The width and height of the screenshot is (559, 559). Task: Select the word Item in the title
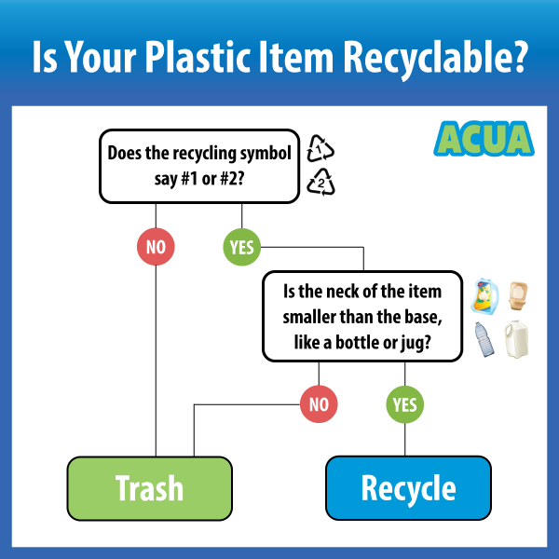pyautogui.click(x=316, y=59)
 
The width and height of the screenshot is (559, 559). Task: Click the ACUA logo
pyautogui.click(x=484, y=139)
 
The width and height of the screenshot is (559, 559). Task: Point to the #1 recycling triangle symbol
pyautogui.click(x=320, y=149)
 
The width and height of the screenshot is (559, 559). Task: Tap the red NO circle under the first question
pyautogui.click(x=155, y=248)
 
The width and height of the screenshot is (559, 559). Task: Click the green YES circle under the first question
pyautogui.click(x=241, y=248)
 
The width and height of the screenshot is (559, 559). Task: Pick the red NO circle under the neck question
pyautogui.click(x=319, y=404)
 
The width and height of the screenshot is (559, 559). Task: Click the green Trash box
pyautogui.click(x=149, y=487)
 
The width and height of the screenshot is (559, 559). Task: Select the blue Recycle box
pyautogui.click(x=408, y=487)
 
